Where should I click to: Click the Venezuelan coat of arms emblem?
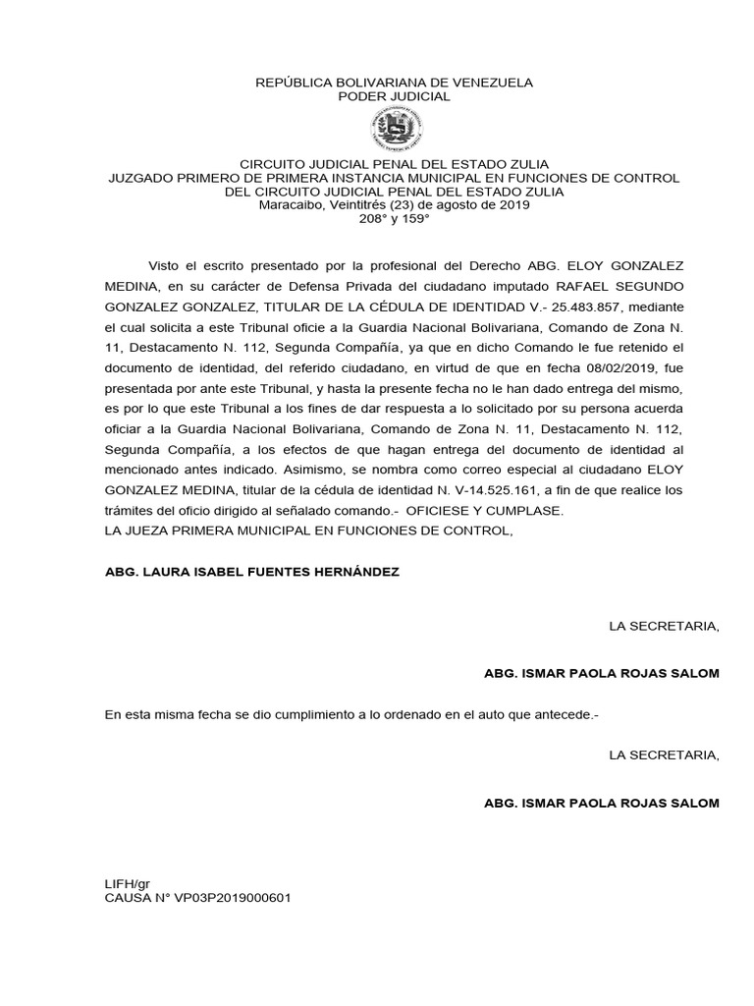pos(394,129)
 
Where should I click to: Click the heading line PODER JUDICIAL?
pos(394,96)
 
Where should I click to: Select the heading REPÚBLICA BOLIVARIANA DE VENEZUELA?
pos(394,83)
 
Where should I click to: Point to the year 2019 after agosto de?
pos(513,204)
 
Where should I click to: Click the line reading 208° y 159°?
pos(394,218)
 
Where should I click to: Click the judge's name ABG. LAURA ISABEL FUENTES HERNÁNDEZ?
pos(252,571)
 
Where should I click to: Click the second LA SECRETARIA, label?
pos(664,755)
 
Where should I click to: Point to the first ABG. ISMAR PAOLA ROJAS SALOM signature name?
pos(602,673)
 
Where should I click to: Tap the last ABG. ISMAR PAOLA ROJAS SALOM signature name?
pos(602,803)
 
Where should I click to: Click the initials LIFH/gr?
pos(127,884)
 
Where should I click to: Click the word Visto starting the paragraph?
pos(167,265)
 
